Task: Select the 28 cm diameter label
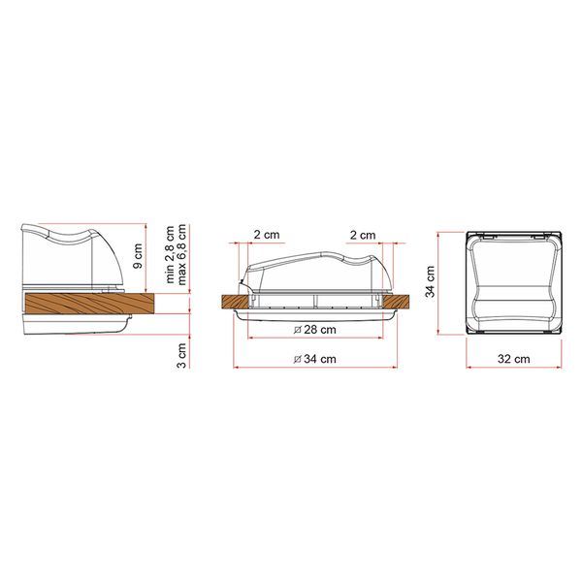pos(315,331)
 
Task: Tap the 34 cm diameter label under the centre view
pos(315,361)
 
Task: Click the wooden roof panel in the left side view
pos(87,304)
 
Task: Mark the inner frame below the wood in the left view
pos(78,323)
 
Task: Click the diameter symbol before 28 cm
pos(295,331)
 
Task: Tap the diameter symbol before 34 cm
pos(295,361)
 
